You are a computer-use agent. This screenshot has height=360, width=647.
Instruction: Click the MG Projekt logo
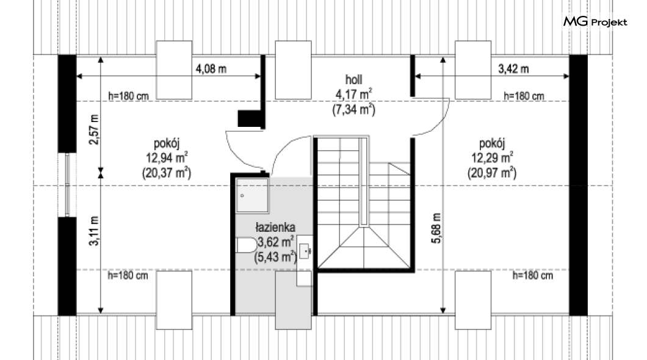[x=595, y=21]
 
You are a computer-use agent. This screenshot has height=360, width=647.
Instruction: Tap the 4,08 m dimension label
[x=211, y=69]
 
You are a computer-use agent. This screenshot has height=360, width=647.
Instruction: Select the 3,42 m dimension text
[x=513, y=69]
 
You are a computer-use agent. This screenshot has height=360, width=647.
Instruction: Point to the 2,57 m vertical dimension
[x=95, y=129]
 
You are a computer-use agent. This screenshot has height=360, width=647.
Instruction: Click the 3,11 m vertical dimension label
[x=95, y=231]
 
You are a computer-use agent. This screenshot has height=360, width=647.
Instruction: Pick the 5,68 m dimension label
[x=436, y=228]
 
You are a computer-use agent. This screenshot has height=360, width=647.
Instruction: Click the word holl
[x=353, y=79]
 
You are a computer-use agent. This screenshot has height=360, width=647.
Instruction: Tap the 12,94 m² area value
[x=167, y=157]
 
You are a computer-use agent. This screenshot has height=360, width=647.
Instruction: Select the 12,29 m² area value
[x=492, y=157]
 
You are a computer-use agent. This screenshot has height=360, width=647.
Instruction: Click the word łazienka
[x=275, y=227]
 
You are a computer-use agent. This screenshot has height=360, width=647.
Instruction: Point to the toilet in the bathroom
[x=246, y=245]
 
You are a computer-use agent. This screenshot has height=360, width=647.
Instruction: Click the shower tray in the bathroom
[x=252, y=195]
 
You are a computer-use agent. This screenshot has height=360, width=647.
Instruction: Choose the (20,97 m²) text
[x=492, y=173]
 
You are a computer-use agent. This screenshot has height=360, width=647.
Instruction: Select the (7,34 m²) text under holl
[x=353, y=110]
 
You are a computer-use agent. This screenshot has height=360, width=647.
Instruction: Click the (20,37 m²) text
[x=167, y=173]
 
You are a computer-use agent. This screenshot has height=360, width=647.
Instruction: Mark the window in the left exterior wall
[x=68, y=185]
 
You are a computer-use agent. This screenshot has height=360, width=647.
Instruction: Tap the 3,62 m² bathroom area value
[x=276, y=241]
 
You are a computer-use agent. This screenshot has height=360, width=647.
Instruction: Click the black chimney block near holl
[x=250, y=119]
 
